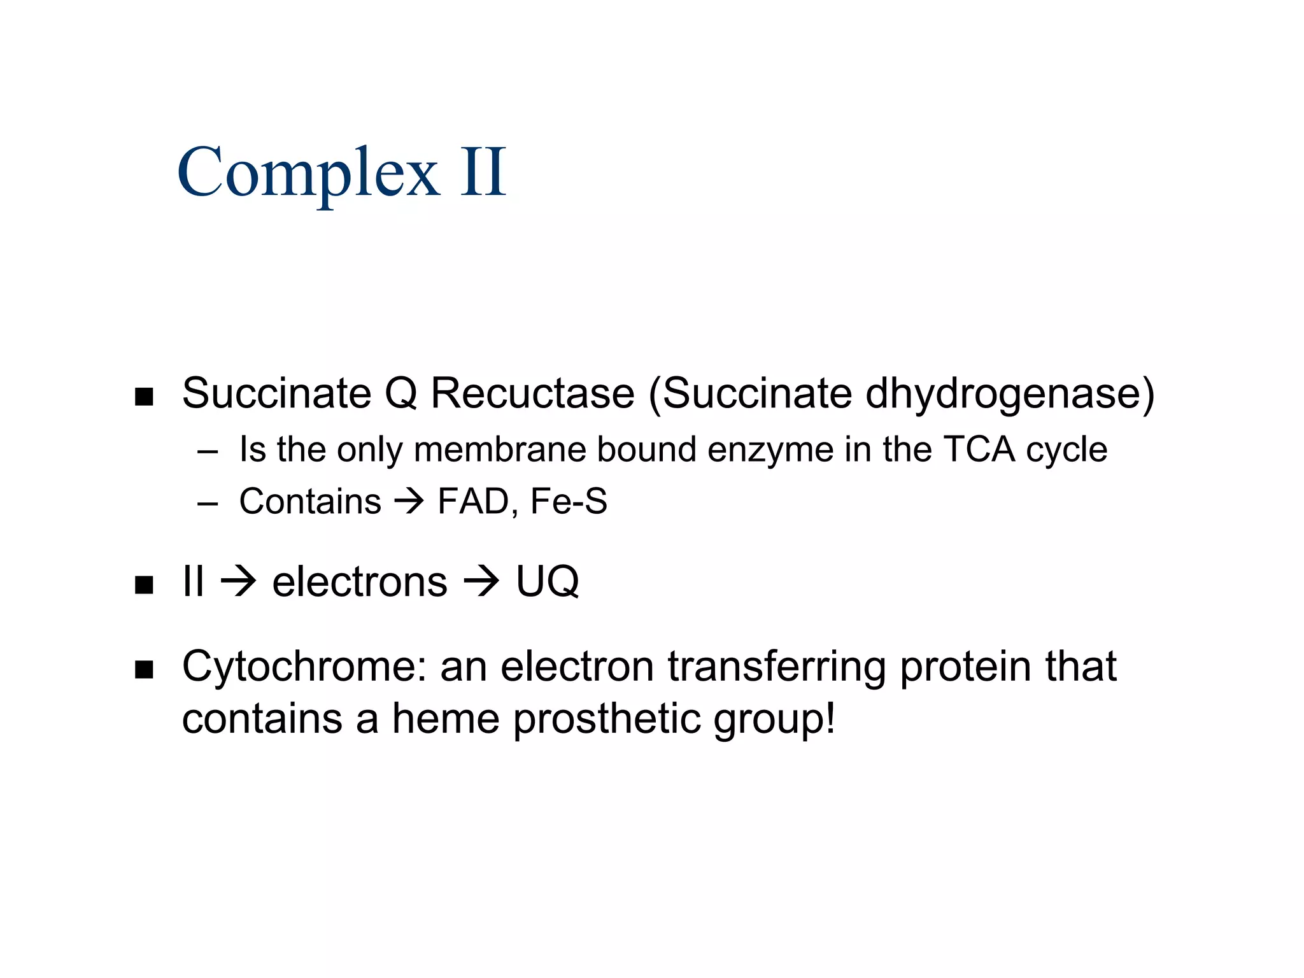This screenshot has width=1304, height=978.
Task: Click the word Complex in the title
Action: [308, 173]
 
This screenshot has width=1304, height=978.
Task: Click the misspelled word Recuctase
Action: [533, 393]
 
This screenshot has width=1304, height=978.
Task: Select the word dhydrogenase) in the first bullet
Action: [1010, 394]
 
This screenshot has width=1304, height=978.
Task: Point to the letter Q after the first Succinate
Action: [401, 393]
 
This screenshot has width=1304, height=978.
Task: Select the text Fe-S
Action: [569, 501]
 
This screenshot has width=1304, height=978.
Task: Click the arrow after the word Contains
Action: [409, 502]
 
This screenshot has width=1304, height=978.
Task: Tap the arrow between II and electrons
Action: [238, 582]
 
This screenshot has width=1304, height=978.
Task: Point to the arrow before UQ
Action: [481, 582]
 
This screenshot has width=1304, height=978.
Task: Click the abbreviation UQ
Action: [547, 582]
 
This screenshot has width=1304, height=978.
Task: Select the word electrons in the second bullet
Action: [360, 582]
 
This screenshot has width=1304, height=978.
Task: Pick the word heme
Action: [446, 718]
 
